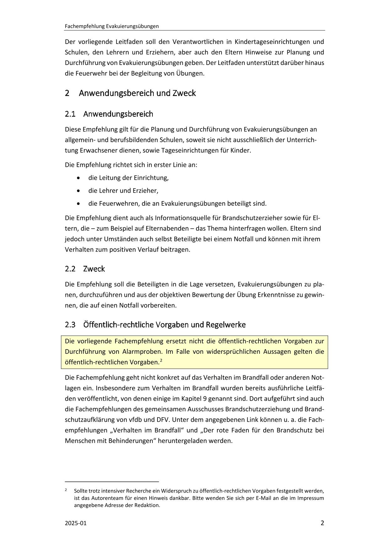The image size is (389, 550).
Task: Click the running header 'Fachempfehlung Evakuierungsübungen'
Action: (x=112, y=26)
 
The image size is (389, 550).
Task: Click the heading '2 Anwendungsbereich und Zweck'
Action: (x=130, y=93)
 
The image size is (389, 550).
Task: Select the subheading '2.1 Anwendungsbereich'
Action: (x=109, y=114)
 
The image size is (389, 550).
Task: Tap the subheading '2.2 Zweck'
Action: (x=85, y=269)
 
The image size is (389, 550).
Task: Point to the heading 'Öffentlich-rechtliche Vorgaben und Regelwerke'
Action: (x=164, y=325)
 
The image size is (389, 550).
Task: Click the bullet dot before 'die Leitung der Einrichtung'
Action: (x=78, y=178)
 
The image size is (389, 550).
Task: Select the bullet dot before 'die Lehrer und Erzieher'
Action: (x=78, y=191)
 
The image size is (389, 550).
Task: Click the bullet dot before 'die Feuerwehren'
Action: (x=78, y=204)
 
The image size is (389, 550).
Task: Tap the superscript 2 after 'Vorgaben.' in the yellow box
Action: (x=161, y=360)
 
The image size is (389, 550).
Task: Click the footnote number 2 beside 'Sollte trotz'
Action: (x=66, y=490)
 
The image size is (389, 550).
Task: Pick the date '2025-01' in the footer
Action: (x=76, y=523)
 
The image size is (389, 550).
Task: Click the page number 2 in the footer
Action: (x=322, y=523)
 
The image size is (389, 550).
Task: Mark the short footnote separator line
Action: (x=112, y=481)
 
